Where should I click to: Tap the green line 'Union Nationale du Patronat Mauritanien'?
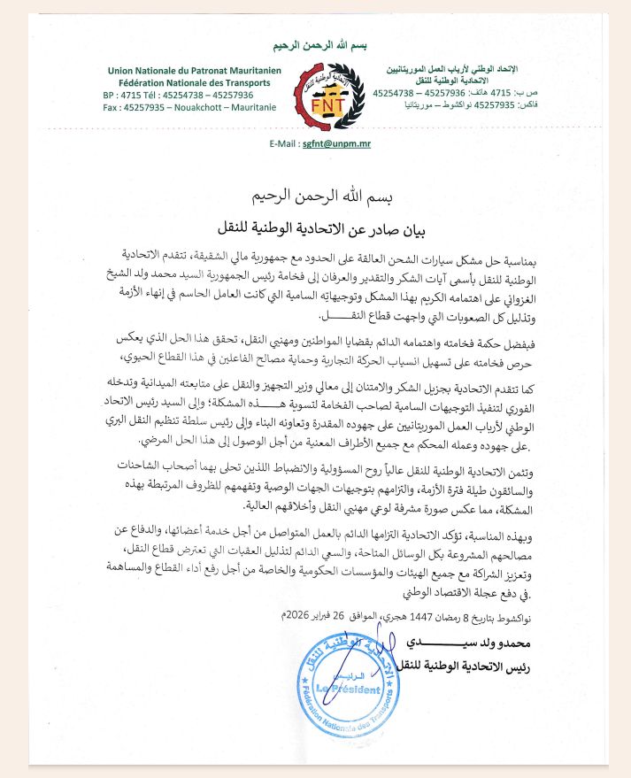189,70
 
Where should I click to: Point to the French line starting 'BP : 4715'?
178,95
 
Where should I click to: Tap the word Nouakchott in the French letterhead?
199,107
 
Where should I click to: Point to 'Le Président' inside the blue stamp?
351,689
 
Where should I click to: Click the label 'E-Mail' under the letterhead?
279,143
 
